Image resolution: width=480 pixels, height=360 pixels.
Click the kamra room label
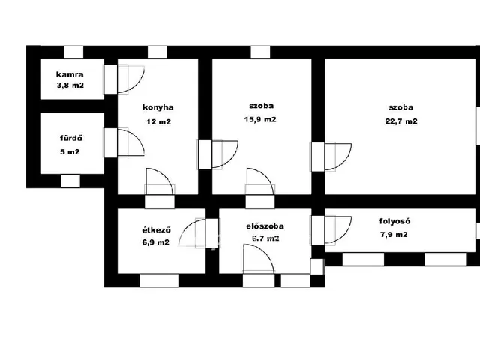[x=70, y=74]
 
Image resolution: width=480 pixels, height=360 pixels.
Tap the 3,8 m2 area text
[x=70, y=85]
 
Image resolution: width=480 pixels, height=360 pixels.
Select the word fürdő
[x=71, y=138]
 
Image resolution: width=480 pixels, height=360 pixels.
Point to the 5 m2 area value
[x=70, y=151]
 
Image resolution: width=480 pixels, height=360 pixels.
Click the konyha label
[x=158, y=107]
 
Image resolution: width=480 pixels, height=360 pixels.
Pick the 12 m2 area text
[x=158, y=121]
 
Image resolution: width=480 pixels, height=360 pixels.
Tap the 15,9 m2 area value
[x=260, y=119]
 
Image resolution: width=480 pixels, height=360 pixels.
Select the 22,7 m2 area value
[x=401, y=121]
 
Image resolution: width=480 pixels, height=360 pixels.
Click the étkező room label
[x=157, y=229]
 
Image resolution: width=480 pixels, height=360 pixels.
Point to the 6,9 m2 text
[x=155, y=242]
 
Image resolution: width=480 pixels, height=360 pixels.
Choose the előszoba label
[x=265, y=226]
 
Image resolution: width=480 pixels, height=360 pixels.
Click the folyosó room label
[x=394, y=221]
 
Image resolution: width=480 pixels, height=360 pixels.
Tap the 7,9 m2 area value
[x=394, y=235]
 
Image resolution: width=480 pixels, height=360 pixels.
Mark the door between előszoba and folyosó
[x=331, y=230]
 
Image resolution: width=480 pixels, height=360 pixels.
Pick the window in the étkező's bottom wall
[x=159, y=280]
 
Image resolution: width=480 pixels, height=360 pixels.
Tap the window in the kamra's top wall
[x=73, y=52]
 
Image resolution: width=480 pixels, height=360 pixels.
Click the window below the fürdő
[x=70, y=181]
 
